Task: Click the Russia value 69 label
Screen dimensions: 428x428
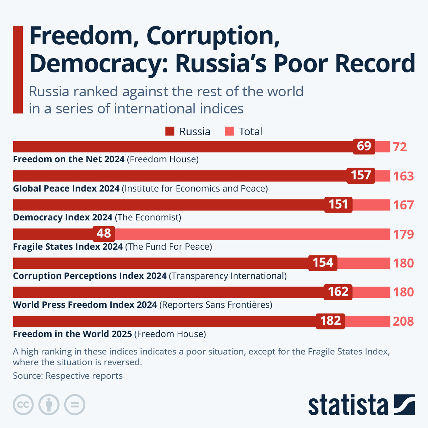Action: (364, 146)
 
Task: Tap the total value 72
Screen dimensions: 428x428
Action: (400, 147)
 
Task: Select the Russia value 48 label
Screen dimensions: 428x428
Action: (104, 233)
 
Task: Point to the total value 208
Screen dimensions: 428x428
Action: (403, 321)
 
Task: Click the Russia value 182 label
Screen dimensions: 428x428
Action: (331, 321)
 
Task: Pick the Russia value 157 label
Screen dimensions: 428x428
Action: (361, 175)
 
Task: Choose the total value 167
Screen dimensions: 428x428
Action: (403, 205)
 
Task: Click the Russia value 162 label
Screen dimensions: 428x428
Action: (338, 292)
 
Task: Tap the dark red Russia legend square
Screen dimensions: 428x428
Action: (170, 131)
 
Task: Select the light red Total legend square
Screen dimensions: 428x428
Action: (229, 131)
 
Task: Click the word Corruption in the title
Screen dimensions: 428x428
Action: (213, 36)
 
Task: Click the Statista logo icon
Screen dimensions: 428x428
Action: (404, 404)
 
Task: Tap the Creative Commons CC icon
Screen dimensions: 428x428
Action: (23, 405)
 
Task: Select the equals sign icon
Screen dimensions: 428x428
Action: (75, 405)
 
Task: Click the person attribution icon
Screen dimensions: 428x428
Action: (49, 405)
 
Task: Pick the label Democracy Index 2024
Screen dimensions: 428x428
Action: (63, 218)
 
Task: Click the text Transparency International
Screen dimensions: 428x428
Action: (228, 276)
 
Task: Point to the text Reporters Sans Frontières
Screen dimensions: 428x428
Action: (216, 305)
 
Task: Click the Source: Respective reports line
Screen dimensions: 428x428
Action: (68, 376)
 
